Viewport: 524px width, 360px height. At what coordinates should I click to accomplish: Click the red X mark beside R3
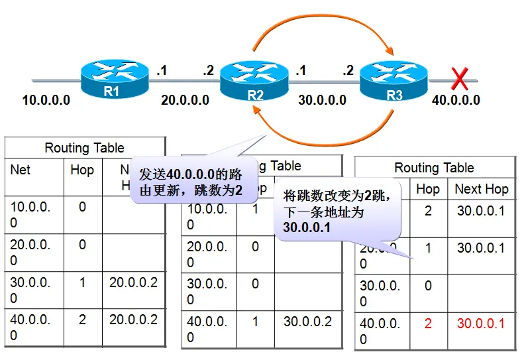click(460, 80)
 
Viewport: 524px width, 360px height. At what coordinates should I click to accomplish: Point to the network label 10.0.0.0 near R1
click(46, 101)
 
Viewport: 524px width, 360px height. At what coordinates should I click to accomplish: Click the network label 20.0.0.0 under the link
click(185, 101)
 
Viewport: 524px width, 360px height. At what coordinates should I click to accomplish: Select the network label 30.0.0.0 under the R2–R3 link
click(322, 101)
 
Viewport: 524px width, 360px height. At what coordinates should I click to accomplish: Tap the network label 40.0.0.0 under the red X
click(456, 101)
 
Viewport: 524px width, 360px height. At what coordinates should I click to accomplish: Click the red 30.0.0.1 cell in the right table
click(480, 324)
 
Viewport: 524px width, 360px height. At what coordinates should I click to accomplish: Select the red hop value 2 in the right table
click(427, 324)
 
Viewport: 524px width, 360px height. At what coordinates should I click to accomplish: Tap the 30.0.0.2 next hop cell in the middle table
click(308, 322)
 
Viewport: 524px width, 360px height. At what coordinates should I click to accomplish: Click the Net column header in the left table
click(21, 170)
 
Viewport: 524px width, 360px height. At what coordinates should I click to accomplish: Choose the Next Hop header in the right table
click(481, 189)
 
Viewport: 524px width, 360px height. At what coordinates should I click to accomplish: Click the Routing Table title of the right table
click(434, 168)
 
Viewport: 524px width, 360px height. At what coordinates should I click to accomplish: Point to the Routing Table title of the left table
click(84, 148)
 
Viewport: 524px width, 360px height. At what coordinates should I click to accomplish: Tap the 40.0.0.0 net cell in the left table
click(30, 327)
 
